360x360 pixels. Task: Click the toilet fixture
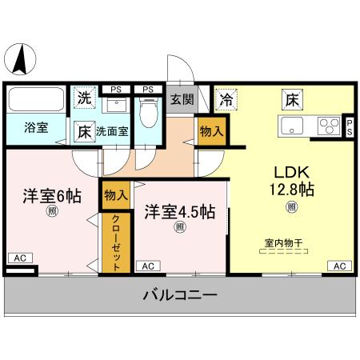pos(147,110)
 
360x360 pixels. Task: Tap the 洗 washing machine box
pos(84,98)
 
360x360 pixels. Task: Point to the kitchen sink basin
pos(290,125)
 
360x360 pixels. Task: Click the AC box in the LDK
pos(339,266)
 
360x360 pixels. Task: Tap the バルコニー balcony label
pos(180,296)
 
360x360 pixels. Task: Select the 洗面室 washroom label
pos(112,130)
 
